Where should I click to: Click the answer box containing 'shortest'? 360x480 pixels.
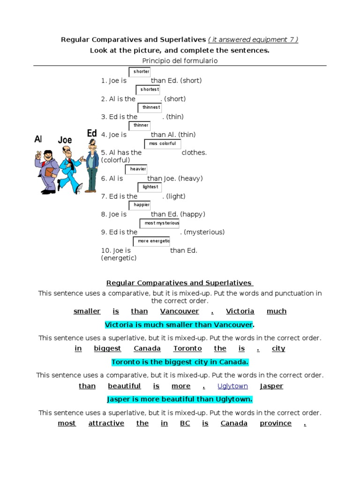click(148, 90)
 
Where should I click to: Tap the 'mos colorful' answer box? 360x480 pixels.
click(162, 144)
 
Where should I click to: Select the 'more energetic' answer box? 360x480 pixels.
click(152, 241)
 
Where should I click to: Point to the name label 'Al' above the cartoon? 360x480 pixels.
click(38, 139)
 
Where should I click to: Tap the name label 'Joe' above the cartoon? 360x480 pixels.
click(65, 140)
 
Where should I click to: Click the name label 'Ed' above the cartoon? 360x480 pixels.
click(92, 134)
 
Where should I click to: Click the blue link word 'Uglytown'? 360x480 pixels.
click(233, 386)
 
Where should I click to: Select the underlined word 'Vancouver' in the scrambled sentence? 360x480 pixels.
click(180, 311)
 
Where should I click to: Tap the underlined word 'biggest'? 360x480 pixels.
click(107, 348)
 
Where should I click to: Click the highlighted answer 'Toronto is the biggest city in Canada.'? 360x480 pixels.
click(180, 362)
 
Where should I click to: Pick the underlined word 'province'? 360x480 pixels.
click(276, 423)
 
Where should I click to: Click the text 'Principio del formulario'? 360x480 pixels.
click(180, 61)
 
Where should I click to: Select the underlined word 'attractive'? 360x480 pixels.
click(106, 423)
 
